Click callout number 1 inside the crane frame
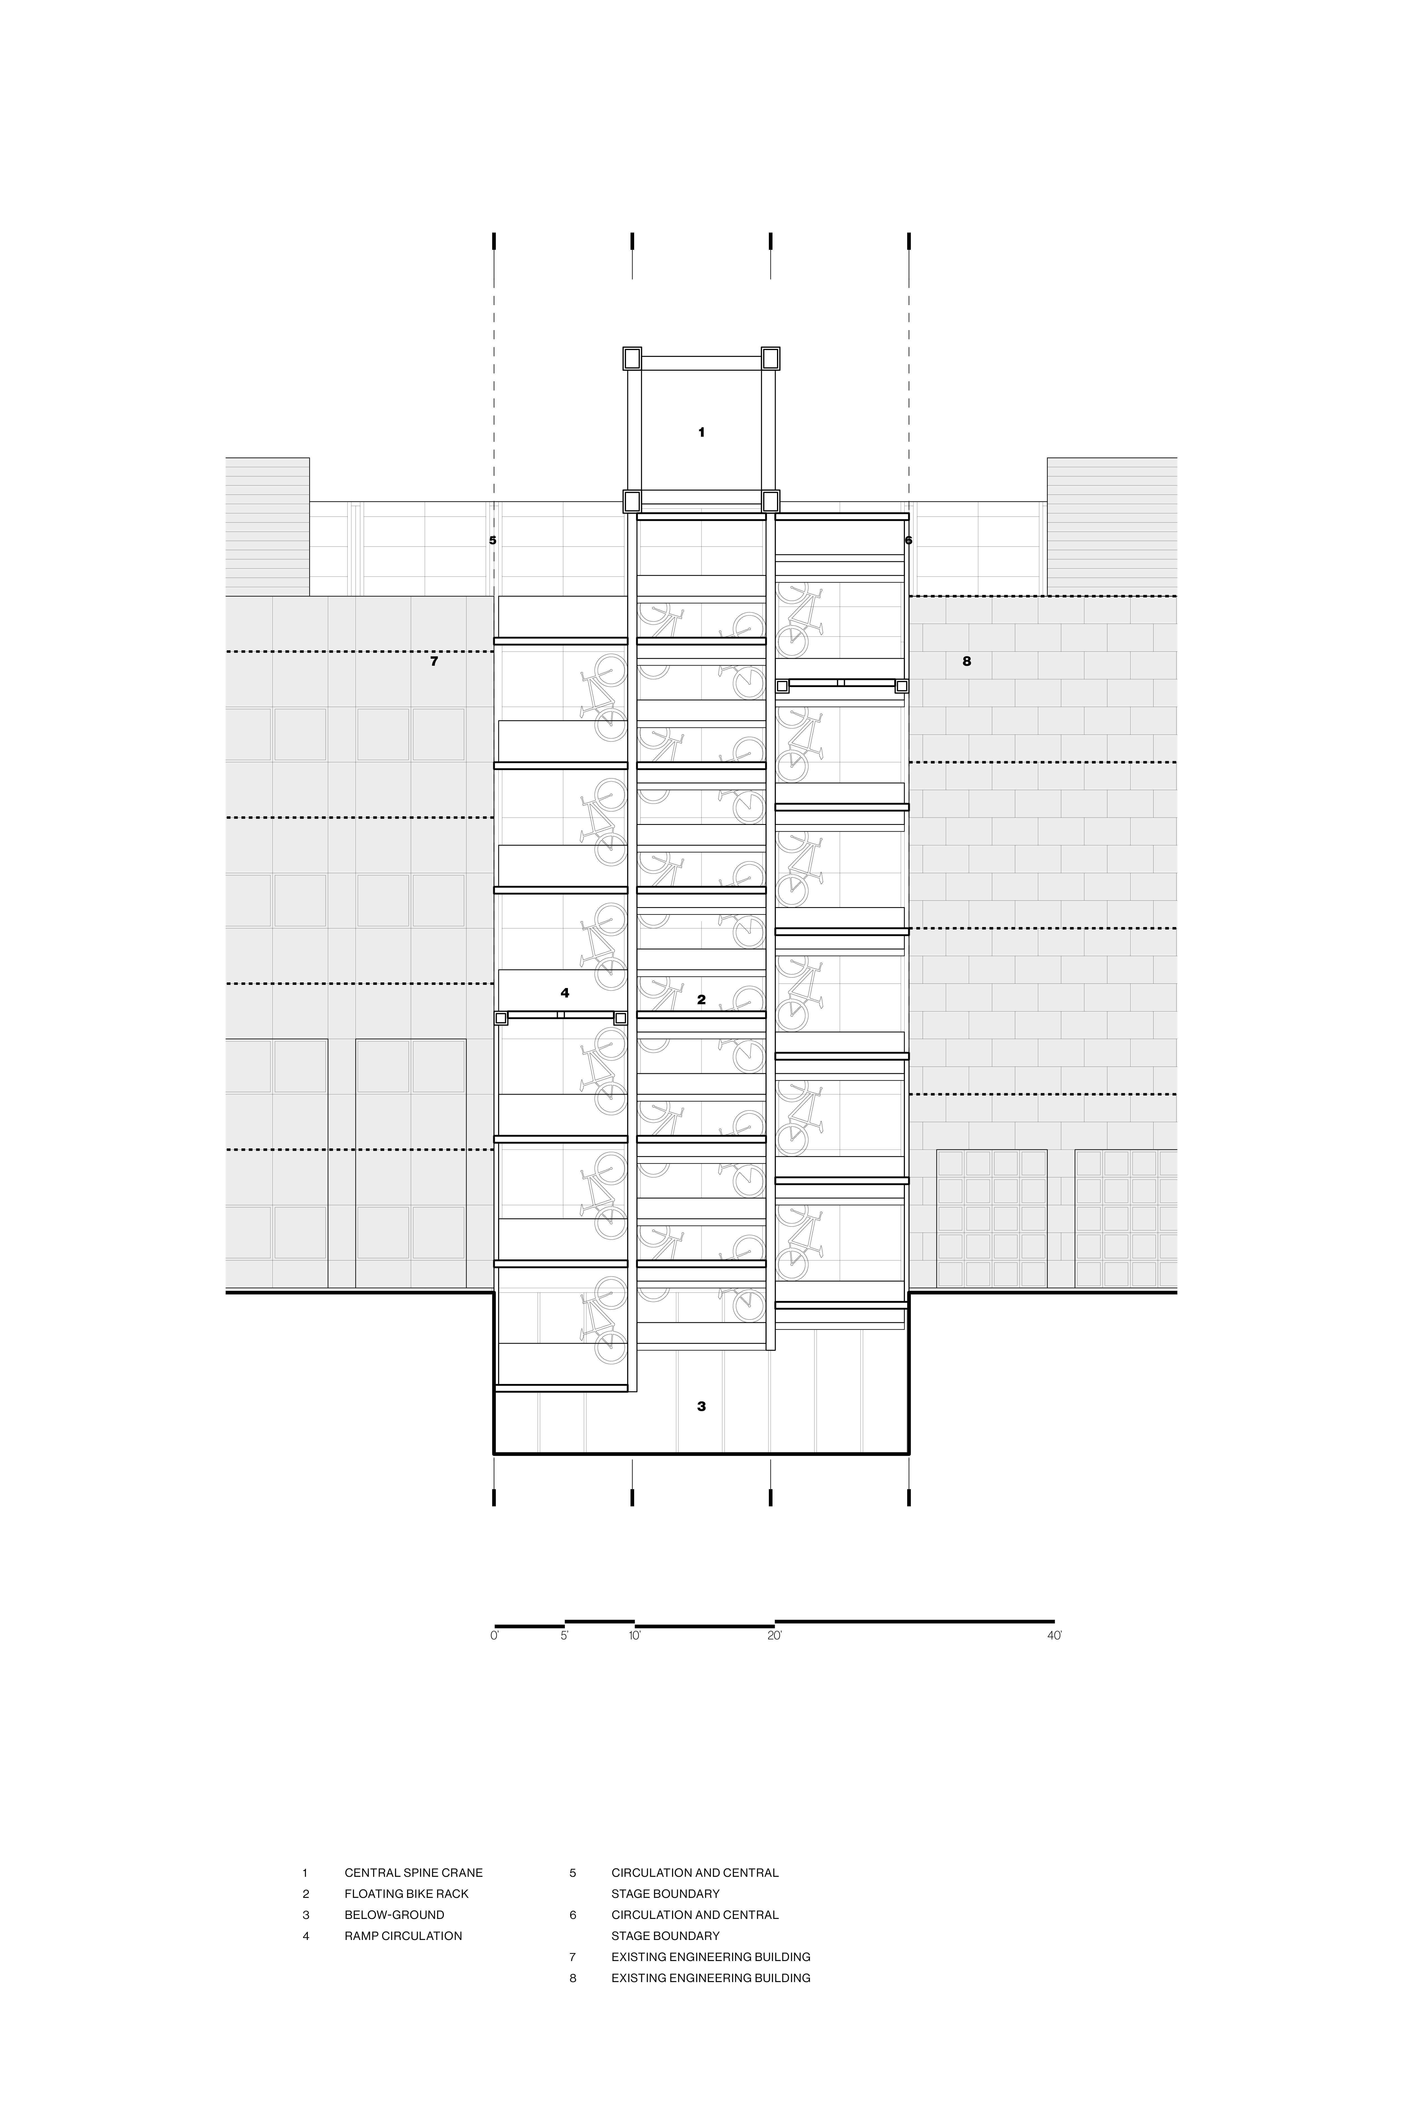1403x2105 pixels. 701,432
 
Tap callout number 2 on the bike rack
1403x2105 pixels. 701,1000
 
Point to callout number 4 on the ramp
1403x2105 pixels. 565,992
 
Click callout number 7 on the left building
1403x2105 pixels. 434,662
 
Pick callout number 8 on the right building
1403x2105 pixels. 966,662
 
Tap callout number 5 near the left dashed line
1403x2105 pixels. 492,541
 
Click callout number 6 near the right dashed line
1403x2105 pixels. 908,541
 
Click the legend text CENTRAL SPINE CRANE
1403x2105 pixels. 413,1872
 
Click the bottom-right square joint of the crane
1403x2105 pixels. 771,501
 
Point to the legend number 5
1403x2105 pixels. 573,1872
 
